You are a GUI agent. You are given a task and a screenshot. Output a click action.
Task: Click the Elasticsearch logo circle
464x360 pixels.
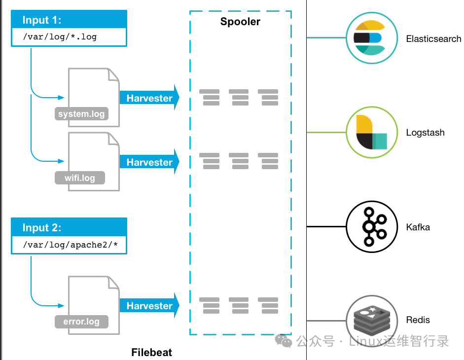point(371,38)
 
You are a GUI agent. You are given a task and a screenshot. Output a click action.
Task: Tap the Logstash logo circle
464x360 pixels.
point(371,132)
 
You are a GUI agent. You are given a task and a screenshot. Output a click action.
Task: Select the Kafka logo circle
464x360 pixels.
point(371,227)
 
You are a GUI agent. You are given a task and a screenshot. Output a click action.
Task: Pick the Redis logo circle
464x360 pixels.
point(371,320)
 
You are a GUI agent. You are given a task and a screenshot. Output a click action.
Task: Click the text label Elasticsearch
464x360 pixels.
point(433,38)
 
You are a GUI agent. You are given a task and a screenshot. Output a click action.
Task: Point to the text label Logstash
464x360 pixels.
point(425,133)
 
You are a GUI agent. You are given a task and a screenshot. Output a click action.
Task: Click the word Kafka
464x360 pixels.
point(418,227)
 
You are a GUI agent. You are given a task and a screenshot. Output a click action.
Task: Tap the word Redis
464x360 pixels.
point(418,320)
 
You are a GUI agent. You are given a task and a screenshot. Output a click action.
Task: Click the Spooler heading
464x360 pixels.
point(240,21)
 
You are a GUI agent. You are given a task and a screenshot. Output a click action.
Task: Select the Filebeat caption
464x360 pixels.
point(151,353)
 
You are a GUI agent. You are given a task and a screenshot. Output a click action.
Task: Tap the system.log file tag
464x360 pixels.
point(81,114)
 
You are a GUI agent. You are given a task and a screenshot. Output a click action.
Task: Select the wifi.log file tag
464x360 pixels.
point(80,178)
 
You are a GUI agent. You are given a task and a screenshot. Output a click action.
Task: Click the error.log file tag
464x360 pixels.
point(81,322)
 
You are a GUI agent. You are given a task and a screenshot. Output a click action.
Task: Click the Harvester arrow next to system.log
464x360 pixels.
point(149,98)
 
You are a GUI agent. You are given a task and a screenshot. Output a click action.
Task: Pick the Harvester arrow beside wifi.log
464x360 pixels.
point(149,162)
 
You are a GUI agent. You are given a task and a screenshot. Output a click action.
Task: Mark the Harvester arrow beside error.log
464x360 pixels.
point(149,306)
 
